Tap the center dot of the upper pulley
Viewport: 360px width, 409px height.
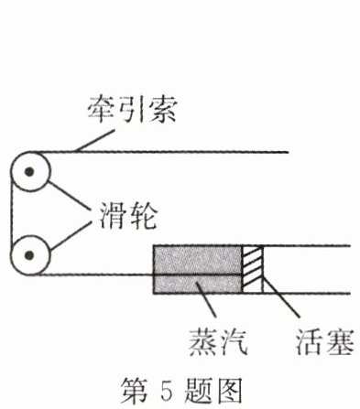coord(29,172)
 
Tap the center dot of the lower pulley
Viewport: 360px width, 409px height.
coord(29,255)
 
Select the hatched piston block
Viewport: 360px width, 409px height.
coord(253,269)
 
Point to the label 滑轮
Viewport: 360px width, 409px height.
coord(128,216)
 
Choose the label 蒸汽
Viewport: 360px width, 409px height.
coord(218,342)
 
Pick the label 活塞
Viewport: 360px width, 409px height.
coord(325,341)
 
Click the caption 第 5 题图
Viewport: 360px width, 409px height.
coord(181,391)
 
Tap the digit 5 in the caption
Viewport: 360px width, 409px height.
coord(167,391)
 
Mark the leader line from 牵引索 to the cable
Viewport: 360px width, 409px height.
coord(95,141)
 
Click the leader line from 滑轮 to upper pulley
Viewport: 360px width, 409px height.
coord(70,196)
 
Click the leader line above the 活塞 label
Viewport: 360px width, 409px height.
coord(280,296)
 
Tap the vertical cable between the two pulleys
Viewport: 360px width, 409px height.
coord(11,213)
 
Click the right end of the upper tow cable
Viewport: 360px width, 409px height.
coord(289,152)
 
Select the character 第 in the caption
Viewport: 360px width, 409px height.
coord(135,391)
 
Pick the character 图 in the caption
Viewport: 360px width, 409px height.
coord(229,391)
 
